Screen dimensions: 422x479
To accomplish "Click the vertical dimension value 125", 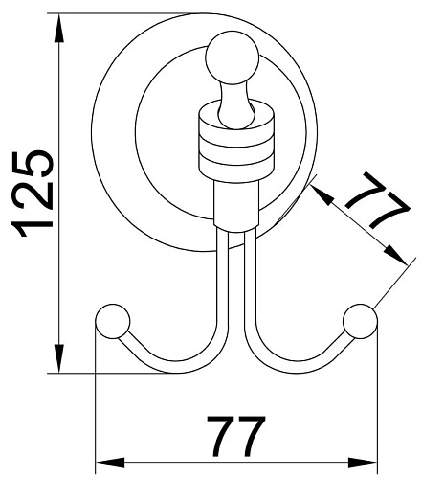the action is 33,194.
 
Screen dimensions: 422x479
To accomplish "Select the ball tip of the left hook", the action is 113,321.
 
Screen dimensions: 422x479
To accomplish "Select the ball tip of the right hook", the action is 361,321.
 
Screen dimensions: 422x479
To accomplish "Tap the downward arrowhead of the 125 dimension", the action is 59,358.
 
